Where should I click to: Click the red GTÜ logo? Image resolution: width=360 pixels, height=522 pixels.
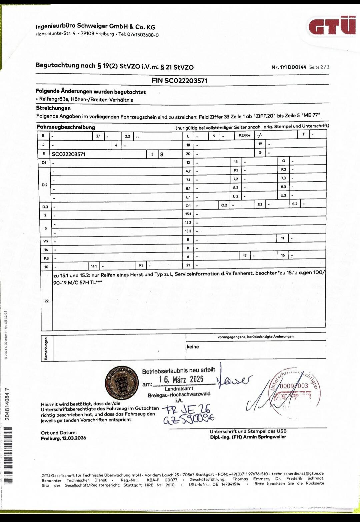[x=332, y=26]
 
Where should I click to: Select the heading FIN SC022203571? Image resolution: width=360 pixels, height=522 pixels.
[x=179, y=81]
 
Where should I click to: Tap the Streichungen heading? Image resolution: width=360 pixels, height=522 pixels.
[x=53, y=108]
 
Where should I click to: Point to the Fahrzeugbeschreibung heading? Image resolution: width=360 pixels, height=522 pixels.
[x=66, y=127]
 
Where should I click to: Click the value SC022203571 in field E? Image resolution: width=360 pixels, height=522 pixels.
[x=69, y=154]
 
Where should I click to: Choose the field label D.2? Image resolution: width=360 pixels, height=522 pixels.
[x=45, y=185]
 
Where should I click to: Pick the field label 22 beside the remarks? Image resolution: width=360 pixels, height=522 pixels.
[x=46, y=301]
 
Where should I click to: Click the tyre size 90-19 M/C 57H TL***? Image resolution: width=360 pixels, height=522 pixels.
[x=78, y=282]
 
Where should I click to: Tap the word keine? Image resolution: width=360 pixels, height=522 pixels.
[x=193, y=347]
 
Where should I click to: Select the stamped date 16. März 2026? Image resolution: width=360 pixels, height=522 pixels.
[x=181, y=379]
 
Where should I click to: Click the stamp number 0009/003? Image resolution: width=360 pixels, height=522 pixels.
[x=294, y=386]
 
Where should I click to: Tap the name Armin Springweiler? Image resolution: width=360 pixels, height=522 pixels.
[x=264, y=437]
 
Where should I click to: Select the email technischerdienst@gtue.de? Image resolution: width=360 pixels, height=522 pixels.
[x=297, y=473]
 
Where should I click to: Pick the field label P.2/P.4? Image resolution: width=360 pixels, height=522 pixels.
[x=244, y=135]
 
